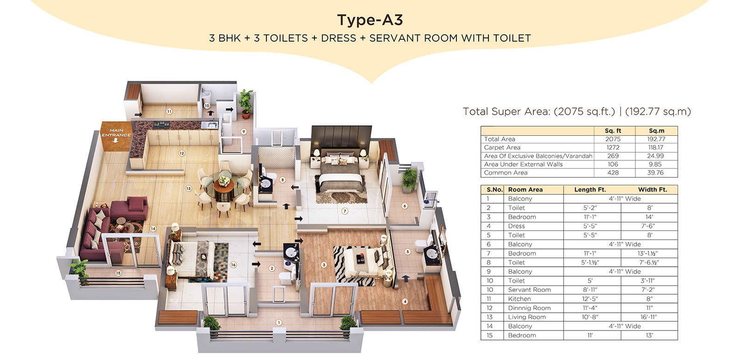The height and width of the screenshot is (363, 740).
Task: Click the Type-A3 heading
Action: tap(370, 20)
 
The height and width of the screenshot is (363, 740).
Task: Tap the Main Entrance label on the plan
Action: tap(116, 133)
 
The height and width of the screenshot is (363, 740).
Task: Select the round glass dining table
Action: tap(224, 186)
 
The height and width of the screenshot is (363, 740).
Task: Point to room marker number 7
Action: tap(345, 211)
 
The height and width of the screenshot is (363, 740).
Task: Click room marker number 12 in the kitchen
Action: tap(181, 153)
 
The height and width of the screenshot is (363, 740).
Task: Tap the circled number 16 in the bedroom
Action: tap(233, 265)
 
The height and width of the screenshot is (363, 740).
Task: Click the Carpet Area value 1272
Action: tap(613, 147)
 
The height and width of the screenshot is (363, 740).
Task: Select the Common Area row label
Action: tap(506, 173)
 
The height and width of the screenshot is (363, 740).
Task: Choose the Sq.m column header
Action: tap(656, 131)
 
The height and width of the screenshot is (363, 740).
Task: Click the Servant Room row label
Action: tap(529, 290)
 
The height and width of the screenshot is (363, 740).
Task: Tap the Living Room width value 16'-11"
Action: tap(649, 317)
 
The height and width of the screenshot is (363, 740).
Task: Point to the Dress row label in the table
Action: tap(516, 226)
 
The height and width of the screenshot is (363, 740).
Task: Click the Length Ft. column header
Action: tap(590, 190)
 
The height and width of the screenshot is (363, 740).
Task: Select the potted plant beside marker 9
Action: tap(246, 103)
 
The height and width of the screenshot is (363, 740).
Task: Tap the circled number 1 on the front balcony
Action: tap(279, 322)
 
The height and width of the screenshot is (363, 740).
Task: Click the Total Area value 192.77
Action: tap(656, 139)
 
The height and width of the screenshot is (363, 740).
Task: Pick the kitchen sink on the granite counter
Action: tap(210, 125)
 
